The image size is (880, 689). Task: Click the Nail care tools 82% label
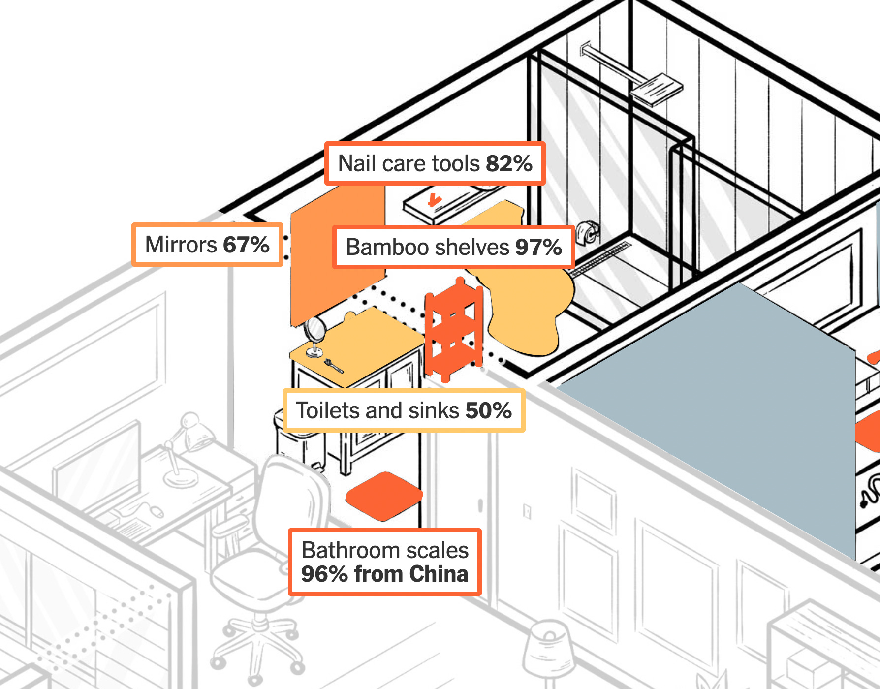[x=435, y=164]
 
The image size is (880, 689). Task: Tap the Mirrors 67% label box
[x=207, y=245]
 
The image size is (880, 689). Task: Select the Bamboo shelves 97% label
[x=453, y=247]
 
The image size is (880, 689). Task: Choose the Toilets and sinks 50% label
[x=404, y=410]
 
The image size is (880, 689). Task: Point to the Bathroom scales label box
[x=384, y=562]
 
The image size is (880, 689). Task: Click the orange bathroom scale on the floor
[x=384, y=496]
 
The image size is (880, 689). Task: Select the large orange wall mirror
[x=335, y=256]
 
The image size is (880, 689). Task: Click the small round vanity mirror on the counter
[x=314, y=330]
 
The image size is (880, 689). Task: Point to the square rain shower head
[x=657, y=89]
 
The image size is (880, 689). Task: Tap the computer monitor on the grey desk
[x=96, y=463]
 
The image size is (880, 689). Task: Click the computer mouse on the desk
[x=157, y=512]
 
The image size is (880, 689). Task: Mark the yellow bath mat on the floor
[x=527, y=305]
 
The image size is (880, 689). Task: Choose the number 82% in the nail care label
[x=509, y=164]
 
